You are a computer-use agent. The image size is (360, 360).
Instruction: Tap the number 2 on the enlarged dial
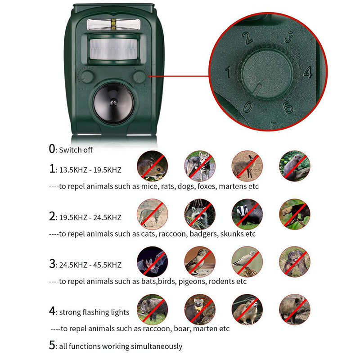coord(246,38)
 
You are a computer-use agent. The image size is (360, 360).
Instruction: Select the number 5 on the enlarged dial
coord(288,108)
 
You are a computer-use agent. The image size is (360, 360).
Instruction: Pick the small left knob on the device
coord(87,76)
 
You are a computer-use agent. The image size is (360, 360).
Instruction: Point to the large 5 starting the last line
coord(52,346)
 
